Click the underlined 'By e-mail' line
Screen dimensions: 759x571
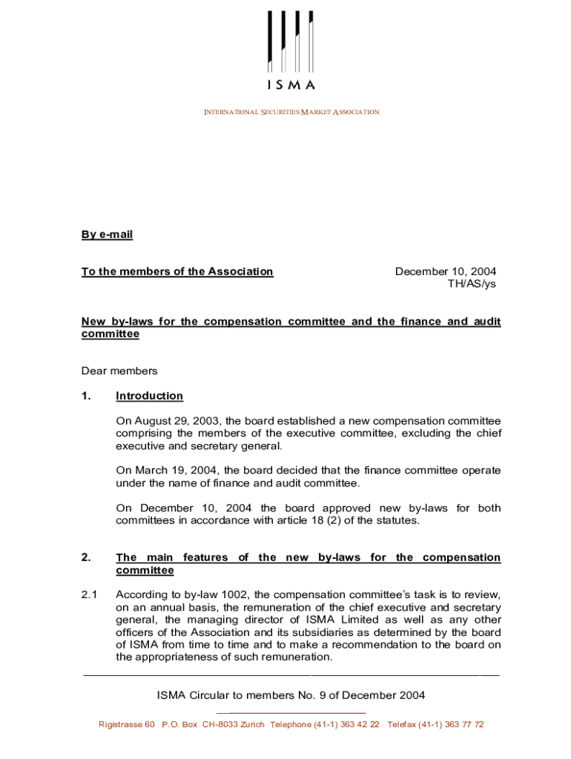tap(107, 235)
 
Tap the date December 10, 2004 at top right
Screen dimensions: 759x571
tap(445, 272)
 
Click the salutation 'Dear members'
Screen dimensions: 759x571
tap(119, 371)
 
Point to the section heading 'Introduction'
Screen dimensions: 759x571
tap(149, 396)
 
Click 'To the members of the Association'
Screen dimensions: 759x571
tap(177, 272)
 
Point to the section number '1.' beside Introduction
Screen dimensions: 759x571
tap(87, 396)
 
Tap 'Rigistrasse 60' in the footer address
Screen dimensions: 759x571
tap(127, 724)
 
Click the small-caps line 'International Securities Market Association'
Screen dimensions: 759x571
tap(291, 112)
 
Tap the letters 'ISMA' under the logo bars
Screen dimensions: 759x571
tap(291, 84)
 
